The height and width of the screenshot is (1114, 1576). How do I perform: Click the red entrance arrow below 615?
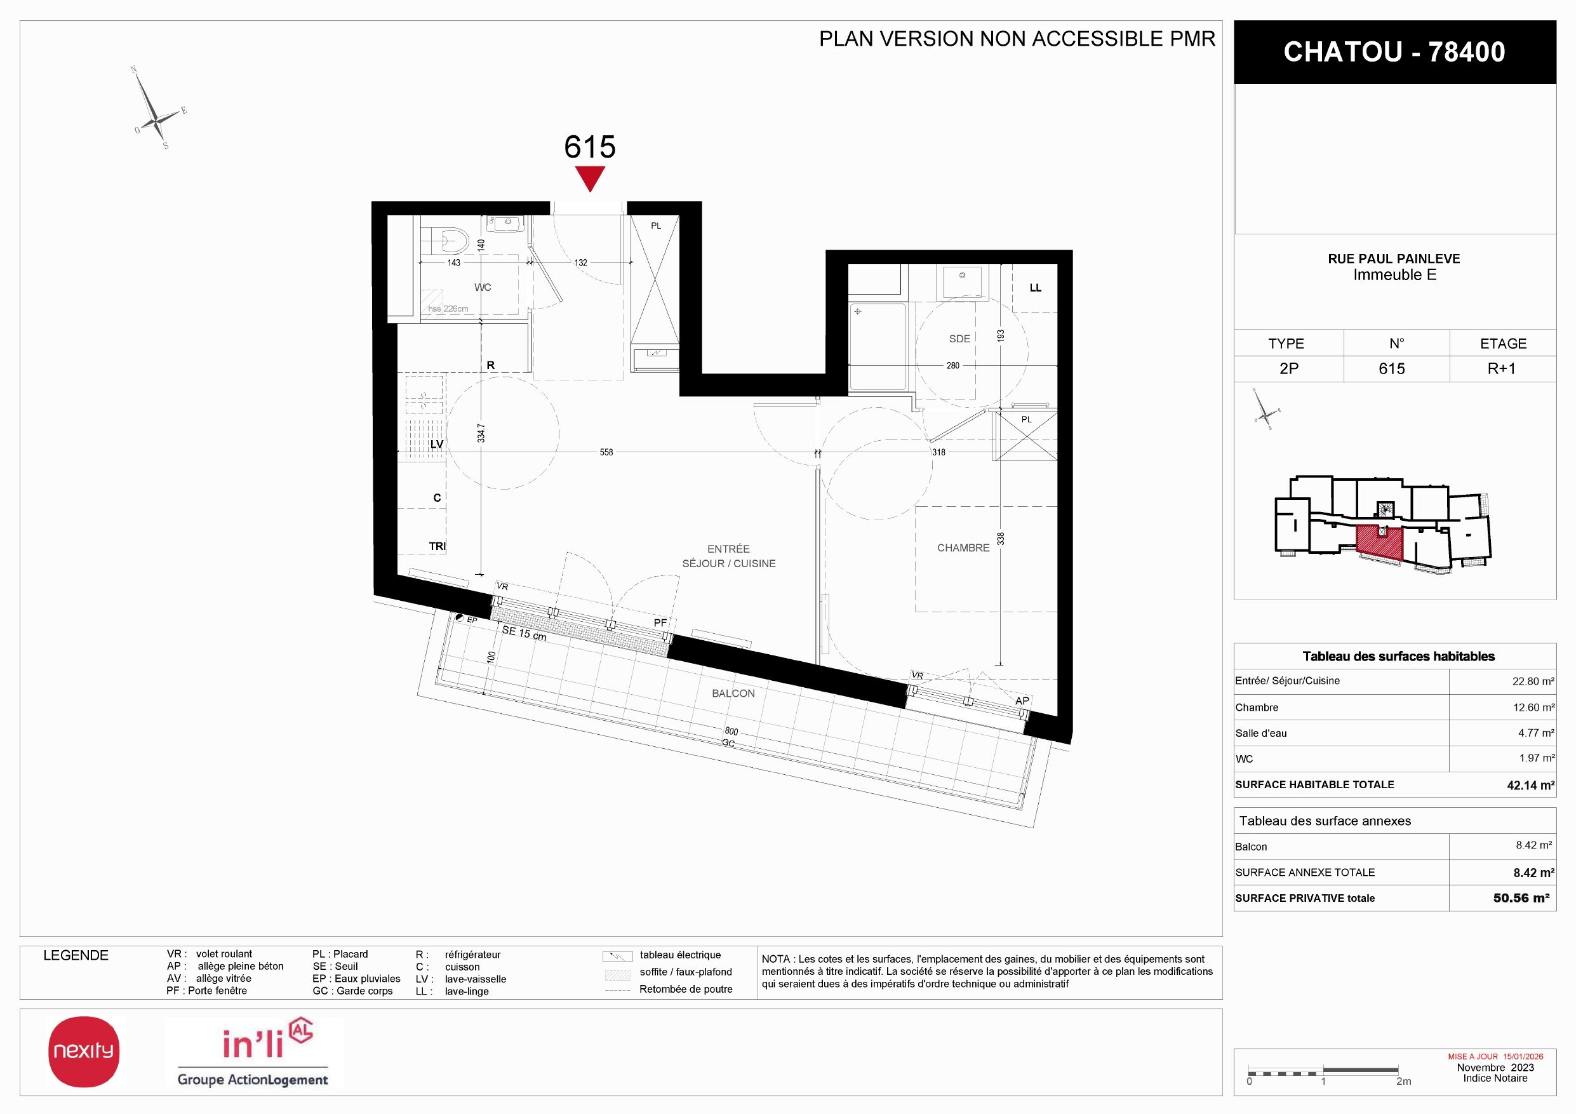590,178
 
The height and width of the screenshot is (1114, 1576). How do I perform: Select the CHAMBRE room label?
963,547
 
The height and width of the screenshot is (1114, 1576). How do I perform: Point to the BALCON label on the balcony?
733,694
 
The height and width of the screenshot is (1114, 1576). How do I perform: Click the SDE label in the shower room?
959,339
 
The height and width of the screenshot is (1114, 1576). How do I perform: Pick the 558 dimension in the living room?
606,452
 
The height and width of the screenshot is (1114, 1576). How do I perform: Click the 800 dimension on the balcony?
731,732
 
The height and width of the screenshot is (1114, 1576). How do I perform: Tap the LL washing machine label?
1035,288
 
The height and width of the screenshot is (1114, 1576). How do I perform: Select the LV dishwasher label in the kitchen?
437,444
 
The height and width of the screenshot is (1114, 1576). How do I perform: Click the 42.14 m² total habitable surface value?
1530,785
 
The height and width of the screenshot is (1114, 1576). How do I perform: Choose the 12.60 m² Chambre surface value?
1533,708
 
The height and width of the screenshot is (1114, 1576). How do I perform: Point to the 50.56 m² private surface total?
1521,898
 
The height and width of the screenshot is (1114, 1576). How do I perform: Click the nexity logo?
84,1052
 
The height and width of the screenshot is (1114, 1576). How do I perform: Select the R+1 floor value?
1501,368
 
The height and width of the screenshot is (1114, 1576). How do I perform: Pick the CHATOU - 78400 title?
1394,52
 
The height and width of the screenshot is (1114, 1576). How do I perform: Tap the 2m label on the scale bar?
1404,1081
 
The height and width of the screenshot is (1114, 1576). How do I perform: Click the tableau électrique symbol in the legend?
617,956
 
